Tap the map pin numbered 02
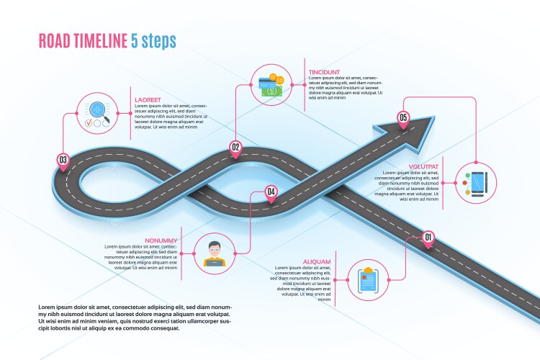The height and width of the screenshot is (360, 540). pyautogui.click(x=235, y=148)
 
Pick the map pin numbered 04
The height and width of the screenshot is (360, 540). pyautogui.click(x=271, y=192)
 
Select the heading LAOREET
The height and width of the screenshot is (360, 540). pyautogui.click(x=147, y=100)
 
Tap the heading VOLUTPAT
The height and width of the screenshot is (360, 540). pyautogui.click(x=423, y=167)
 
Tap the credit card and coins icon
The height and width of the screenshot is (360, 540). pyautogui.click(x=271, y=85)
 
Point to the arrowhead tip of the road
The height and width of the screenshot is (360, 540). pyautogui.click(x=433, y=119)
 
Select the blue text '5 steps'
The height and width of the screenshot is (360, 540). pyautogui.click(x=153, y=40)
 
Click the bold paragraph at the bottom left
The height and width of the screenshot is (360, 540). pyautogui.click(x=135, y=318)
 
